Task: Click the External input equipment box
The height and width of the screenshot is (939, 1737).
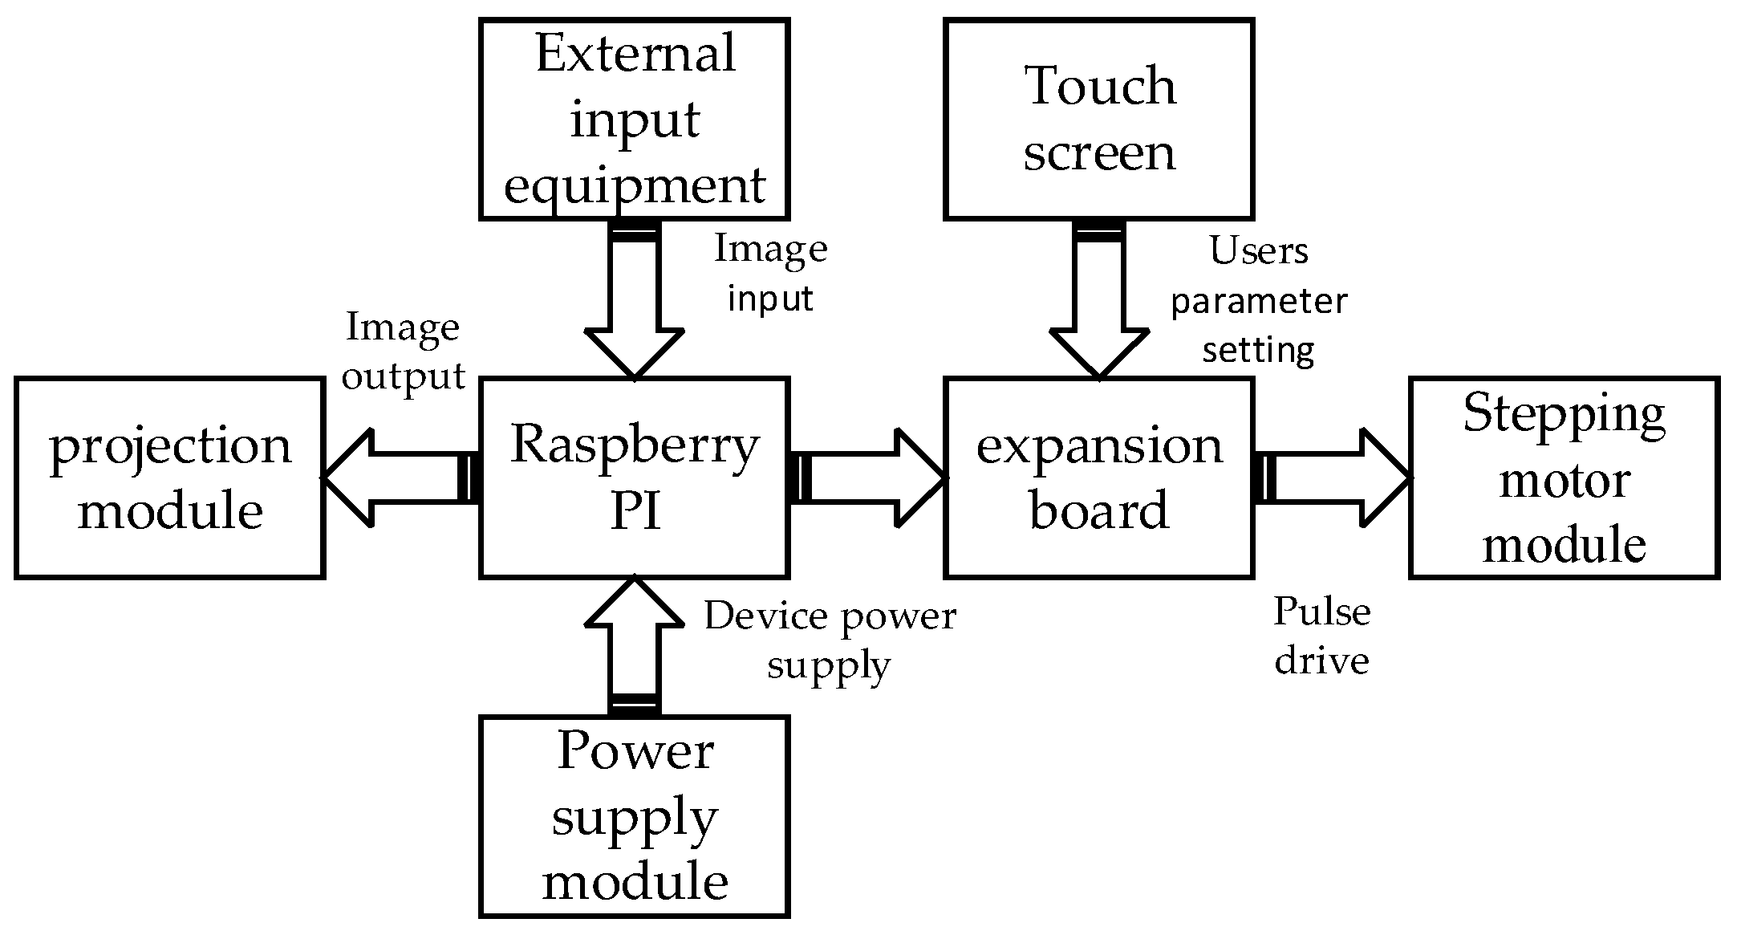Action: (634, 119)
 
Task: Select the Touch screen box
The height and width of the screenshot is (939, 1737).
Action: (1099, 119)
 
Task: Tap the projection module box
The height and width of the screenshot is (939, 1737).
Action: (169, 478)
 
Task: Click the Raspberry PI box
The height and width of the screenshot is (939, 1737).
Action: (634, 478)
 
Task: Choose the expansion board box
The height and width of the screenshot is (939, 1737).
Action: (1099, 478)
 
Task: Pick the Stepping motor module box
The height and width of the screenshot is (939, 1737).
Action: (1564, 478)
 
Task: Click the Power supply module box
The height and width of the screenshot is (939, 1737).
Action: (634, 816)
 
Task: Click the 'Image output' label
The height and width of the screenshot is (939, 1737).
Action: (403, 351)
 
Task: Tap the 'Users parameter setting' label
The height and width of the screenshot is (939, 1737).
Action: (1258, 300)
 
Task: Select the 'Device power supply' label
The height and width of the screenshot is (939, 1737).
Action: (830, 640)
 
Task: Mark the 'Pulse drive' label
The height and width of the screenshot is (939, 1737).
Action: (1321, 636)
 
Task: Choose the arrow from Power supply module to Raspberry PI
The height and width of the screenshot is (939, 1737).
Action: (634, 642)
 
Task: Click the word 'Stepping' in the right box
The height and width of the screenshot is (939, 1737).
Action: (1564, 415)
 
